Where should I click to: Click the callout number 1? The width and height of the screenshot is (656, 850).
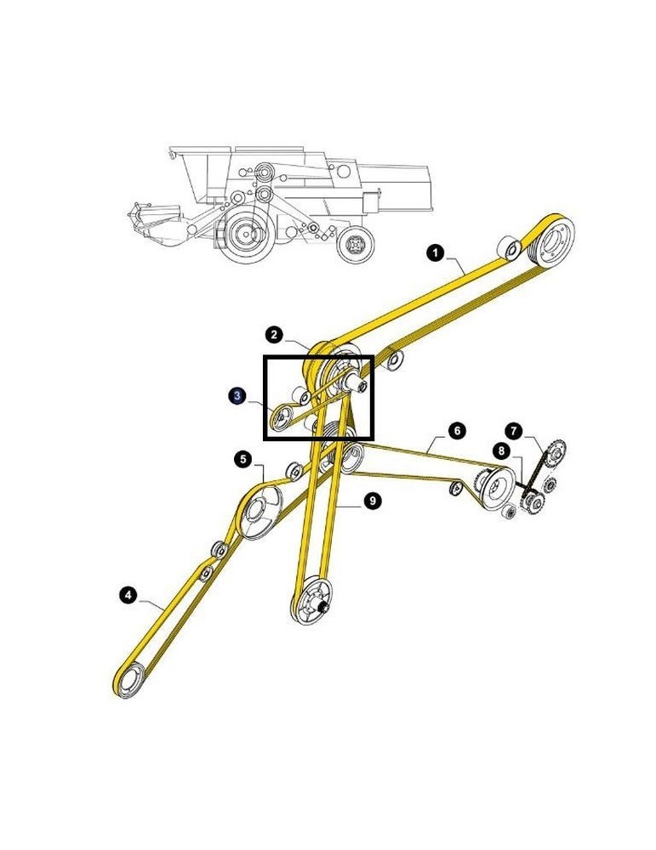pyautogui.click(x=435, y=252)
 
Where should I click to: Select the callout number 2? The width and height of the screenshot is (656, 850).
pyautogui.click(x=275, y=334)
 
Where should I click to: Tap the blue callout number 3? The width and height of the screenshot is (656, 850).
pyautogui.click(x=238, y=395)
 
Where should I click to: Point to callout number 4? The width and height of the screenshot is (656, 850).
pyautogui.click(x=126, y=595)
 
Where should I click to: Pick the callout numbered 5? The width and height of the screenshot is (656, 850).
pyautogui.click(x=243, y=460)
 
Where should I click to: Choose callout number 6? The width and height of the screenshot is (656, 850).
pyautogui.click(x=457, y=431)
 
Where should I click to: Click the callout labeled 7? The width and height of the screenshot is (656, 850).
pyautogui.click(x=515, y=430)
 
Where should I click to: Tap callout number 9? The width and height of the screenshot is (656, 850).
pyautogui.click(x=371, y=501)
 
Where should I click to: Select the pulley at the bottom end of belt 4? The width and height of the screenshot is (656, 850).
pyautogui.click(x=130, y=683)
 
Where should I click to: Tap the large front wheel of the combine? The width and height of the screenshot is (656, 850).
pyautogui.click(x=247, y=232)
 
